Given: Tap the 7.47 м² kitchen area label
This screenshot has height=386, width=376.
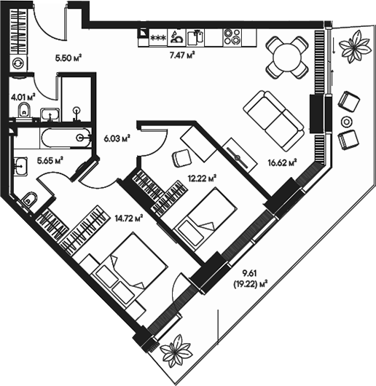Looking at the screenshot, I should click(x=182, y=54).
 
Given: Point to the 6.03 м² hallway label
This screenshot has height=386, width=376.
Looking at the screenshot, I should click(x=117, y=136).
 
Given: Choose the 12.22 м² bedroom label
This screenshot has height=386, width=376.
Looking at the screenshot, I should click(x=203, y=177).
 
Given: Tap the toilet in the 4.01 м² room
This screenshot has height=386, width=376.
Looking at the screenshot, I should click(x=23, y=111).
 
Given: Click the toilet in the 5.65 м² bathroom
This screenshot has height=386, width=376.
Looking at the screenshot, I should click(x=30, y=199).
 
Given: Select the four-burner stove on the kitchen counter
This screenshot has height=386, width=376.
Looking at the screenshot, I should click(x=232, y=35).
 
